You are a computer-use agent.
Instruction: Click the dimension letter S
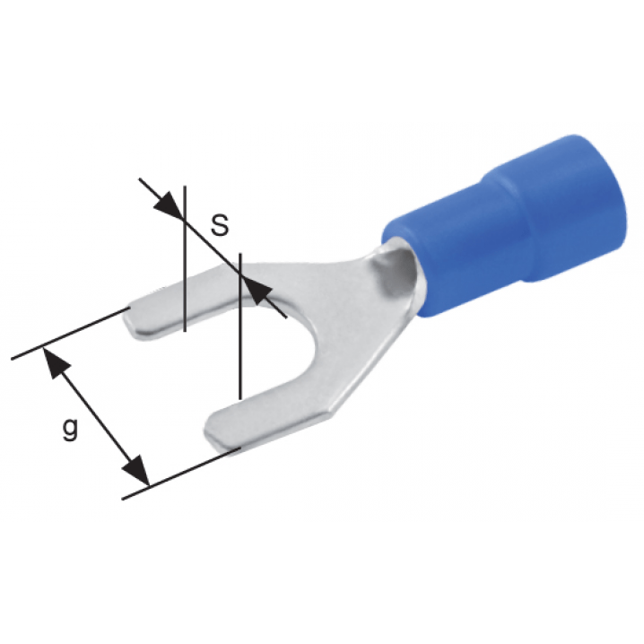(220, 225)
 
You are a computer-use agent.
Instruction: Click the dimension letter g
(70, 429)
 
